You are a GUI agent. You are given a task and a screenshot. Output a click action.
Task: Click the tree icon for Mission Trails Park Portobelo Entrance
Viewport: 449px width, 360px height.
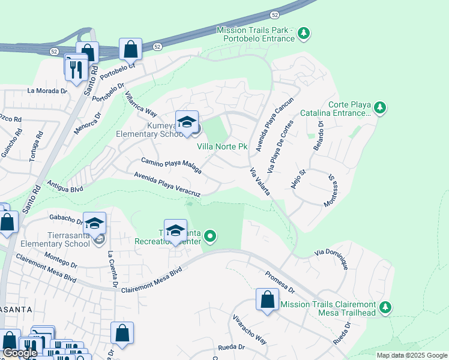(x=304, y=32)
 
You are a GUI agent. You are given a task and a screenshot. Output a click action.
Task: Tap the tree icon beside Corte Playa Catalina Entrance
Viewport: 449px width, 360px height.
(x=379, y=108)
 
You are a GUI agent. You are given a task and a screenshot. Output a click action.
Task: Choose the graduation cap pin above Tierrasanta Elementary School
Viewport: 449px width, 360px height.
(x=94, y=223)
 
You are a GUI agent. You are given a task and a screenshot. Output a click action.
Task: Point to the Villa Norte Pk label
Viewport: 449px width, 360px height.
(x=222, y=146)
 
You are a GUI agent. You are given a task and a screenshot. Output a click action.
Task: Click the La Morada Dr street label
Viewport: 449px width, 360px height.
(x=47, y=91)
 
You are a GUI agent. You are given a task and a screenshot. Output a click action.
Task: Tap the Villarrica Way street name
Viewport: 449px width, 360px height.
(x=140, y=107)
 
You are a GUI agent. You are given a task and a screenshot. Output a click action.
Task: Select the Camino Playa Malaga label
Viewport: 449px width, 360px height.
(x=171, y=165)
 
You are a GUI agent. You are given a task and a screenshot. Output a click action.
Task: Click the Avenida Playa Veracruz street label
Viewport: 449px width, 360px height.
(x=166, y=184)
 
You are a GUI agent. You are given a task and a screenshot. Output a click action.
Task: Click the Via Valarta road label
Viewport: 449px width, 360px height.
(x=259, y=181)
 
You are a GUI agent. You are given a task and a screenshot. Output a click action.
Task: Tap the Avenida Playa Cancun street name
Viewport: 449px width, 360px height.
(x=274, y=124)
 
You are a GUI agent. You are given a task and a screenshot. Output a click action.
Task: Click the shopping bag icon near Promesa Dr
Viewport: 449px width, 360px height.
(x=267, y=299)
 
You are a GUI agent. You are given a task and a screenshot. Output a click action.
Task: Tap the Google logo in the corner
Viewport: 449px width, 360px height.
(x=20, y=353)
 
